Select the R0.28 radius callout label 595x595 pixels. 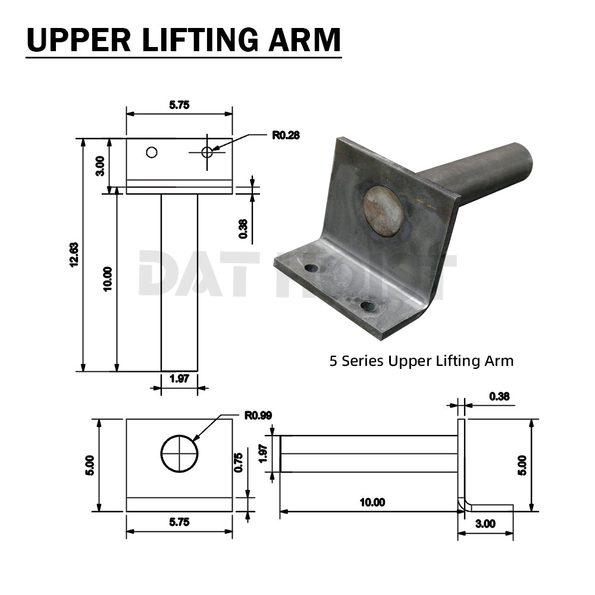coord(286,135)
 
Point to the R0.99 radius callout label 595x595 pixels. coord(258,415)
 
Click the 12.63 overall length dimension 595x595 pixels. coord(74,255)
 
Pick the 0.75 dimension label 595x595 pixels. coord(239,462)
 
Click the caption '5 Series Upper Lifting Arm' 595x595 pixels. coord(421,361)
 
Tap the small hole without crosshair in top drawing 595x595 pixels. coord(152,152)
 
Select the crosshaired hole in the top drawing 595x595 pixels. coord(207,152)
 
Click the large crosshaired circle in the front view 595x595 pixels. coord(179,454)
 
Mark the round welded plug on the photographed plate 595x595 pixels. coord(383,211)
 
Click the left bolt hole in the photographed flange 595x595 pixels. coord(311,268)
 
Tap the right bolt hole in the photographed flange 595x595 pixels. coord(368,306)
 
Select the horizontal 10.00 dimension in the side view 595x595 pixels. coord(372,503)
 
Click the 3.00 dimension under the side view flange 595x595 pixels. coord(486,524)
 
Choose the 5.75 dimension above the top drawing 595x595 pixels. coord(179,105)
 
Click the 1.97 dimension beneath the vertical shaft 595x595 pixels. coord(179,378)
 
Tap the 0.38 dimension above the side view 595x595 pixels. coord(499,396)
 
